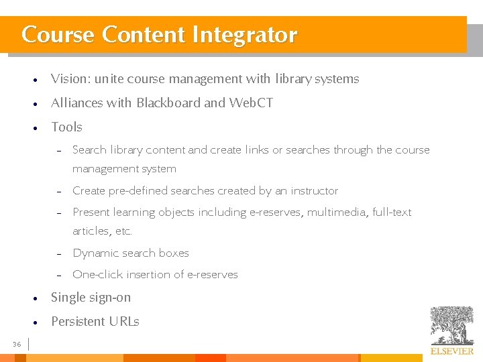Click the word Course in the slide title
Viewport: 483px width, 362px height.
click(x=58, y=35)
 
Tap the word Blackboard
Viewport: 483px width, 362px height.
click(x=168, y=103)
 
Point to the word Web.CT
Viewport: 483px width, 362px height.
click(x=251, y=103)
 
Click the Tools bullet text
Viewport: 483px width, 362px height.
click(x=66, y=127)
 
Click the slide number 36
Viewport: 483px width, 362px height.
click(x=17, y=345)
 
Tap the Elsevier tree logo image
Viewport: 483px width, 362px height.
click(x=451, y=325)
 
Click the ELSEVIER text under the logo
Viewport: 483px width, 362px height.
click(x=451, y=351)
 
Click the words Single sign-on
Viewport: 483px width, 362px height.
click(x=91, y=298)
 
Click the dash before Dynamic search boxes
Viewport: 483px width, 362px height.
click(x=59, y=254)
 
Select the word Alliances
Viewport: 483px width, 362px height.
click(x=76, y=103)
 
